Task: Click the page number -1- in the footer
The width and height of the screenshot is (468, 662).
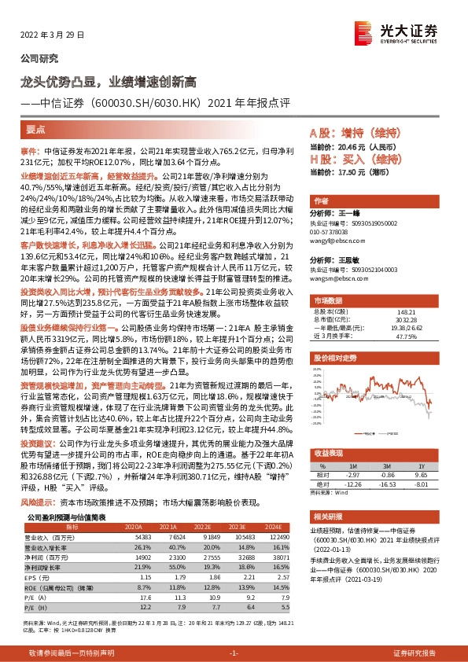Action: pos(234,653)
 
